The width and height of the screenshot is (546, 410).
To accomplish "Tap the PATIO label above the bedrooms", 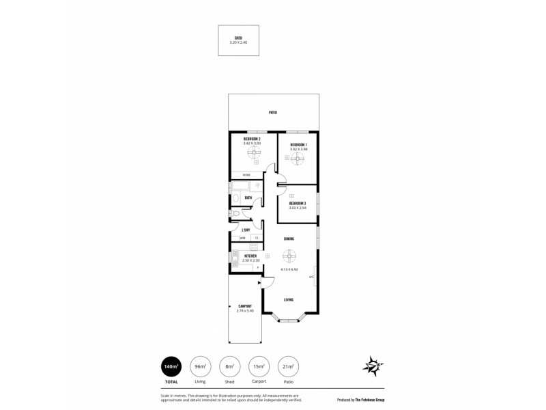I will tap(272, 113).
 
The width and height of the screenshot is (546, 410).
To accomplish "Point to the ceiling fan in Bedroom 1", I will tap(297, 160).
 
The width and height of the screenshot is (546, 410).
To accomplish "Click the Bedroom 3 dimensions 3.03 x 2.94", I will tap(298, 208).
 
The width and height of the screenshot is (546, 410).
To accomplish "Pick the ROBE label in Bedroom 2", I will tap(237, 175).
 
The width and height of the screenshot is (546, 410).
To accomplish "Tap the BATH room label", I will tap(248, 198).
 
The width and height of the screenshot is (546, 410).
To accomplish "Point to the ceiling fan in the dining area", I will tap(289, 256).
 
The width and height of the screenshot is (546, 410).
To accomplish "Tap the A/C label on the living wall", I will tap(311, 277).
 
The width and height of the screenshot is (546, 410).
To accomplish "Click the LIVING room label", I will tap(289, 299).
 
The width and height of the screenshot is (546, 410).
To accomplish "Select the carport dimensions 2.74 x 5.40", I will tap(245, 311).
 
